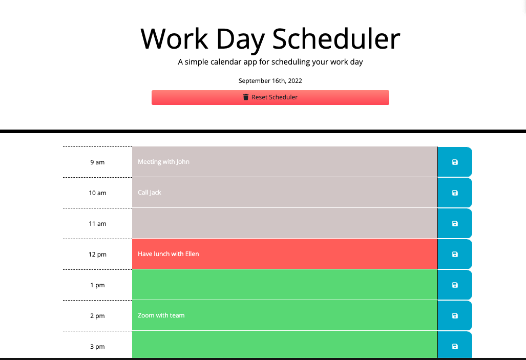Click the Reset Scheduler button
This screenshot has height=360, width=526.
coord(270,97)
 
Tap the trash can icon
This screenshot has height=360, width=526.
coord(246,97)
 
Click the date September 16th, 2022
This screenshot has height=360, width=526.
coord(270,81)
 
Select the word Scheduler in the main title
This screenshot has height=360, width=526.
coord(336,39)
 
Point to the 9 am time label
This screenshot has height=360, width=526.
coord(97,162)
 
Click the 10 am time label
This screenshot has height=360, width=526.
coord(97,193)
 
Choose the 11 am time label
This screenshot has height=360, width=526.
coord(97,224)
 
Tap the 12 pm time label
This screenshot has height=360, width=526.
coord(97,255)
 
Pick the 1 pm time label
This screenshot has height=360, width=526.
coord(97,285)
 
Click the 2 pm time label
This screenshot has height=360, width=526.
coord(97,316)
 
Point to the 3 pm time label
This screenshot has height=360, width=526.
coord(97,347)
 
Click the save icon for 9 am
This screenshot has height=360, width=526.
coord(455,162)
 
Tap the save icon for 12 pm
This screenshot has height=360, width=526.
coord(455,255)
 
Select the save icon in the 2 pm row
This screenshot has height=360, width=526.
coord(455,316)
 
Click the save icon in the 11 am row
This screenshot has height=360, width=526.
coord(455,224)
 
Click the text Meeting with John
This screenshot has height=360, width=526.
coord(163,162)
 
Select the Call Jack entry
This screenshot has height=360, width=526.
coord(150,193)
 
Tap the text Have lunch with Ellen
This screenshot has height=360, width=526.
coord(168,254)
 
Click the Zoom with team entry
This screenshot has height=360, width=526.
coord(161,315)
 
